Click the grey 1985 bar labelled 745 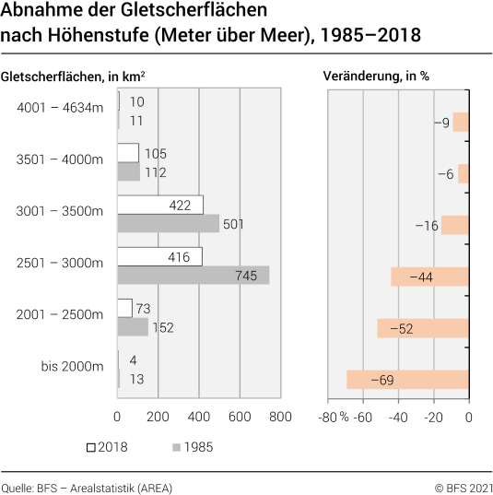(194, 276)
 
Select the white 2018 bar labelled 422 (160, 205)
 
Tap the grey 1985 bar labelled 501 (169, 224)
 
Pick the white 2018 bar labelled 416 (159, 256)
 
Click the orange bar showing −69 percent (408, 379)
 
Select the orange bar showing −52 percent (423, 327)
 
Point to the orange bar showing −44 (429, 276)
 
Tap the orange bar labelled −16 (454, 224)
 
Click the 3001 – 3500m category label (59, 211)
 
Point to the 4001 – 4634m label (59, 108)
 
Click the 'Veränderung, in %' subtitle (376, 76)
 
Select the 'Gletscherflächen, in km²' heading (73, 76)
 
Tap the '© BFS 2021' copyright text (464, 487)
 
